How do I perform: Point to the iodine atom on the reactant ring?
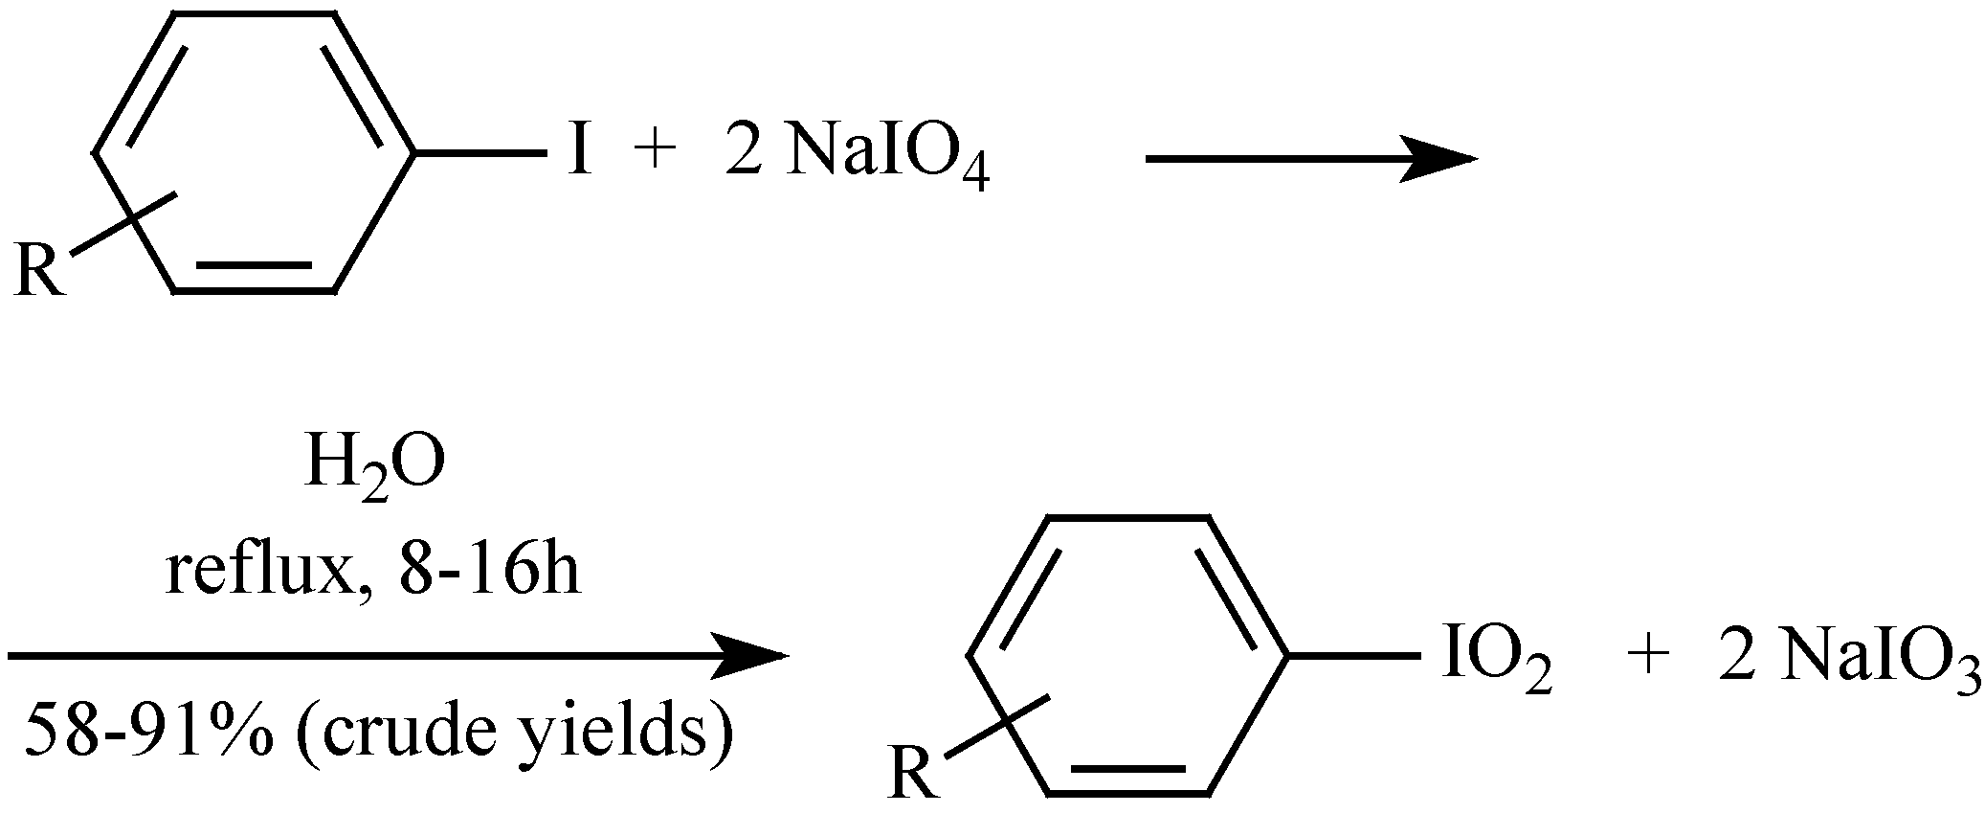577,153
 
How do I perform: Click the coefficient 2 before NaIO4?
743,153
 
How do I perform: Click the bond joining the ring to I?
479,152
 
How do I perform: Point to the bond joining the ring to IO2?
1353,656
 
